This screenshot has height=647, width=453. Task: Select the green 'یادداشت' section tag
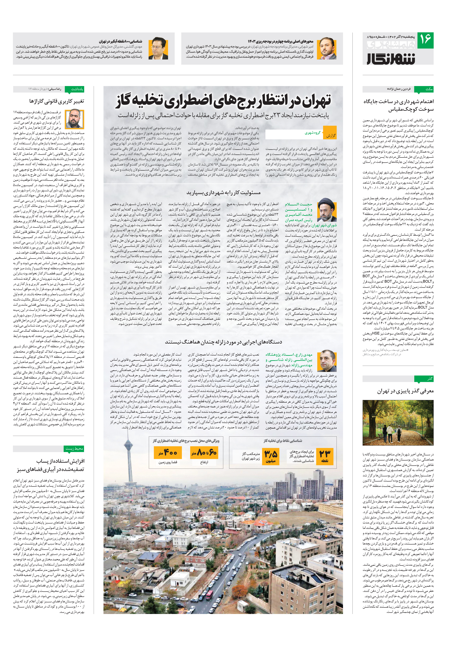coord(74,89)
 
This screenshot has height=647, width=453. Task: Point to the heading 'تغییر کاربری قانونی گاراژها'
coord(56,101)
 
